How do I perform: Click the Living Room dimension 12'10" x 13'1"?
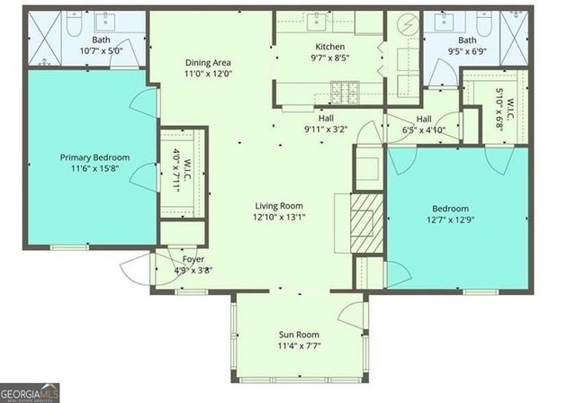pos(279,217)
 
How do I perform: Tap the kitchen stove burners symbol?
pos(342,90)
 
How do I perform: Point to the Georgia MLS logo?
pos(31,393)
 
